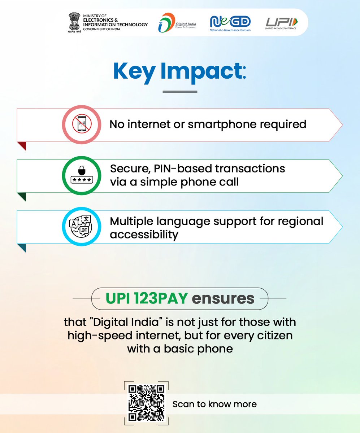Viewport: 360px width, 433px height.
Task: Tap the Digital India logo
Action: coord(177,22)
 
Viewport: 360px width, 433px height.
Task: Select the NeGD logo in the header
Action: coord(230,23)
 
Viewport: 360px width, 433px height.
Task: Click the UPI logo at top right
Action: coord(281,22)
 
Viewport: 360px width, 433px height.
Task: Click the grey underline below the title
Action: coord(180,92)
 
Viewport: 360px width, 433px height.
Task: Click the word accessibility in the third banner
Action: coord(144,235)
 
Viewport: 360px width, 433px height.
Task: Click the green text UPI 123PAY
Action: coord(147,298)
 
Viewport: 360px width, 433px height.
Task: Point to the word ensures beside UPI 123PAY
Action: coord(223,298)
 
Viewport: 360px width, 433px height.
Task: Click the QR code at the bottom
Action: coord(147,403)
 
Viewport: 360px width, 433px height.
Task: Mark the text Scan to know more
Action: coord(214,404)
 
